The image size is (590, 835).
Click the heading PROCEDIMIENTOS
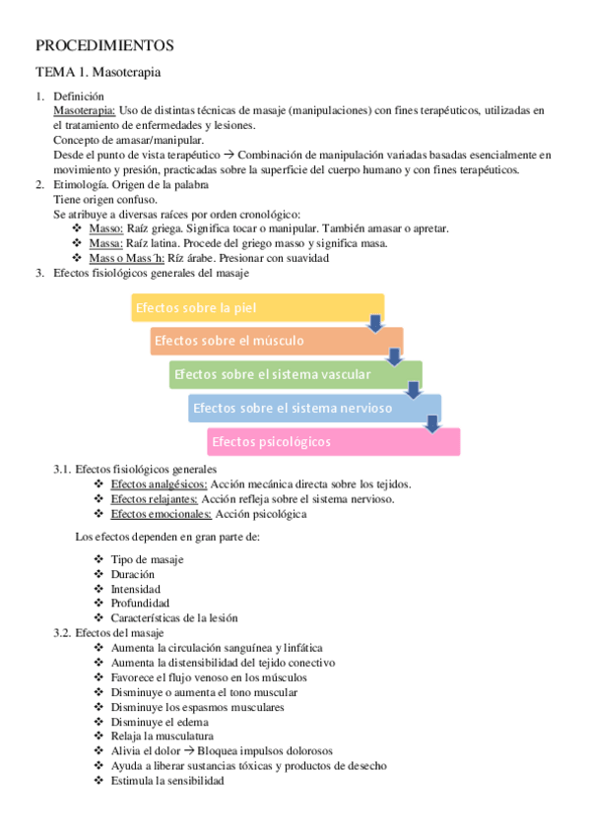click(104, 45)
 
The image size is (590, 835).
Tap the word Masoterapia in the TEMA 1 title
click(126, 72)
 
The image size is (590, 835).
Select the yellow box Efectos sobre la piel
click(257, 308)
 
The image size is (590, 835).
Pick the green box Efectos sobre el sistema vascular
click(295, 374)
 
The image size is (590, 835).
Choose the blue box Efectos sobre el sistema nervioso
click(314, 408)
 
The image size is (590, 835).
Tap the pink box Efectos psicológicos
click(333, 442)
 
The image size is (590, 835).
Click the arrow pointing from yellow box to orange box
click(375, 323)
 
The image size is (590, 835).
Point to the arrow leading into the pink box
click(431, 423)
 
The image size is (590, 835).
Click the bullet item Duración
click(133, 574)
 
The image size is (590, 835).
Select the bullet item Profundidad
click(140, 603)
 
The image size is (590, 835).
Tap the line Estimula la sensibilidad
click(167, 781)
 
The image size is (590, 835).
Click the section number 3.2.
click(63, 632)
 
